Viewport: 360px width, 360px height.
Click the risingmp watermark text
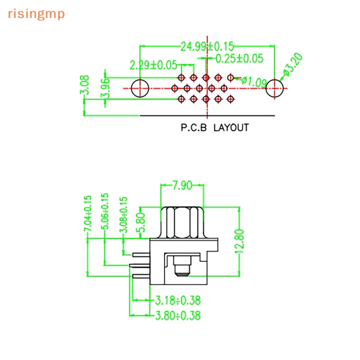(x=36, y=14)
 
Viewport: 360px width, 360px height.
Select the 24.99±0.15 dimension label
(x=207, y=47)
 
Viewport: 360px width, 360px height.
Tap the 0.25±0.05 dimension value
(x=239, y=58)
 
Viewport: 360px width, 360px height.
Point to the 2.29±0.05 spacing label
(x=153, y=65)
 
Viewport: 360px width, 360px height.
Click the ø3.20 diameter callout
(x=293, y=64)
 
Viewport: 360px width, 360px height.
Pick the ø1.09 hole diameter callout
(x=254, y=82)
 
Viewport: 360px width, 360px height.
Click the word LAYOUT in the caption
(x=231, y=128)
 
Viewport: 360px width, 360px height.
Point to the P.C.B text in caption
(x=194, y=128)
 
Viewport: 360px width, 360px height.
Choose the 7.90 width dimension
(x=182, y=185)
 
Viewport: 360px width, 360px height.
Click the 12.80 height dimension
(x=239, y=241)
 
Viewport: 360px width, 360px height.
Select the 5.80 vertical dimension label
(x=142, y=222)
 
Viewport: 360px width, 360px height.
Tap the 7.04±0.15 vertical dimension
(x=88, y=213)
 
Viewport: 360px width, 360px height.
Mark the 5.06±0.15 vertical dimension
(x=105, y=211)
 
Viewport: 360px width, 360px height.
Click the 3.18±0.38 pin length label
(x=178, y=300)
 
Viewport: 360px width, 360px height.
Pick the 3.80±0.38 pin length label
(x=178, y=315)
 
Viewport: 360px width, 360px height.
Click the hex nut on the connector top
(x=182, y=223)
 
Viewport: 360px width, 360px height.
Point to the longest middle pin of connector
(x=139, y=265)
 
